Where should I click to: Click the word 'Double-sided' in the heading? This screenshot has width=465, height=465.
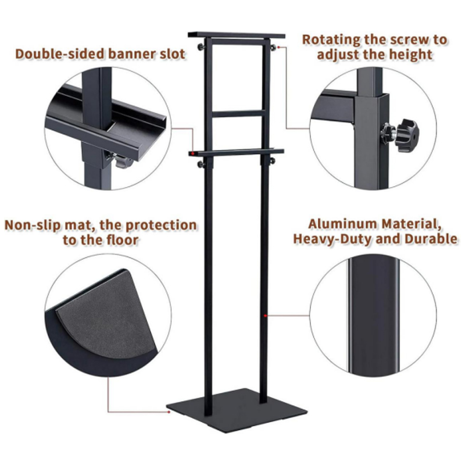[x=60, y=54]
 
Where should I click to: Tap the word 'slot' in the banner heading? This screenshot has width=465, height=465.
[x=173, y=54]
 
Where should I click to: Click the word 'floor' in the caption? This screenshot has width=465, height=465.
[x=123, y=240]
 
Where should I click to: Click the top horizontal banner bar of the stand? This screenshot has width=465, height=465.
[x=237, y=35]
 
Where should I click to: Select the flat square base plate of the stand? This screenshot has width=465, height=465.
[x=237, y=409]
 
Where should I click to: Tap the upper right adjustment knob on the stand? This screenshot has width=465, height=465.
[x=273, y=47]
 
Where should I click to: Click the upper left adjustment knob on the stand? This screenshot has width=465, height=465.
[x=201, y=47]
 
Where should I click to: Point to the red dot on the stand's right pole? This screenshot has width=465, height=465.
[x=265, y=316]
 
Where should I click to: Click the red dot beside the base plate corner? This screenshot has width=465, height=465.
[x=169, y=412]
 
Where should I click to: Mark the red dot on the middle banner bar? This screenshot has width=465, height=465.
[x=193, y=153]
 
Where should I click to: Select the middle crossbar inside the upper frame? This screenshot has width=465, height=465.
[x=238, y=113]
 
